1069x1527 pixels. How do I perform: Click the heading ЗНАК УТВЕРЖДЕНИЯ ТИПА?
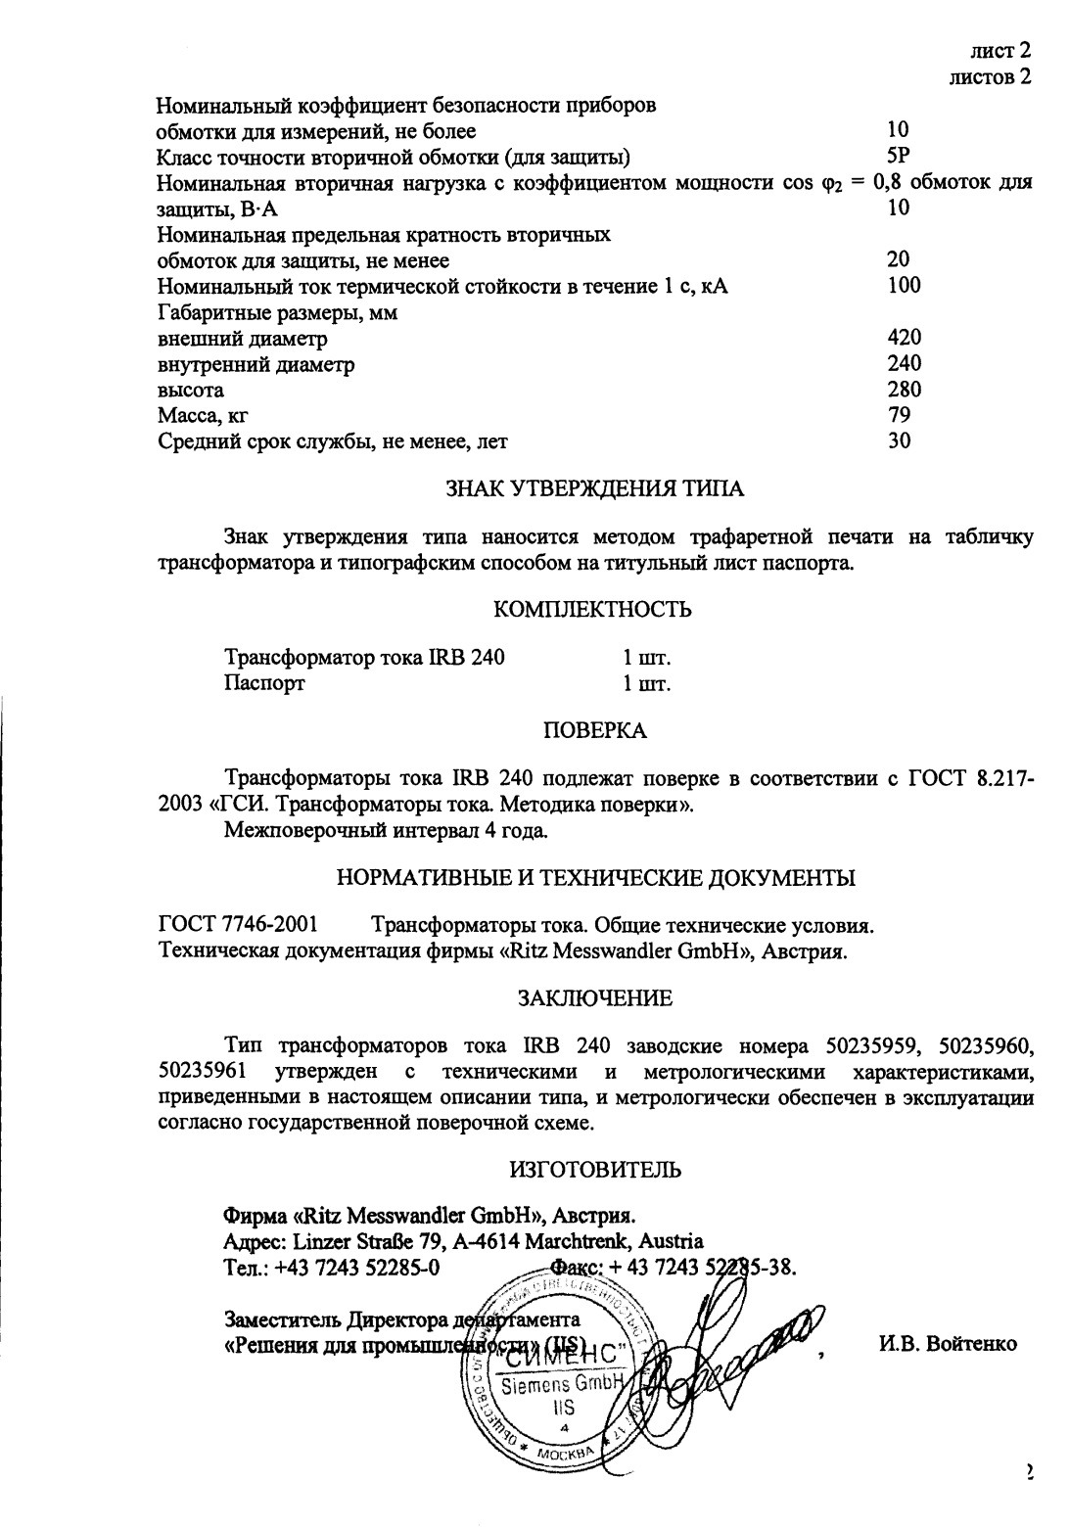594,489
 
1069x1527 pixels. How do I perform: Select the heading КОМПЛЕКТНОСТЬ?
593,610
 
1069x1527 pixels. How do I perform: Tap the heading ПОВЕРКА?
594,730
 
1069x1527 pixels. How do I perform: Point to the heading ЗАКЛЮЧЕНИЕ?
594,998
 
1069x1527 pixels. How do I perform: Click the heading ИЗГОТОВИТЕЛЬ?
594,1169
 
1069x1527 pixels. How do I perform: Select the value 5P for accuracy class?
899,155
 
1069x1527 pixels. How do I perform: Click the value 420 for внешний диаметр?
904,338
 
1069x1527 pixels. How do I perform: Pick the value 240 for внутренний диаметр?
904,364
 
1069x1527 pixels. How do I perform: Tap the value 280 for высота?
904,390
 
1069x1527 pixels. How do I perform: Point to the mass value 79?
899,415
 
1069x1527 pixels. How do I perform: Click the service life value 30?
899,440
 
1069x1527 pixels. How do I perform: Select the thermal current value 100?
904,285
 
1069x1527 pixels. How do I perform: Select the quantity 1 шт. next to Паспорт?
646,683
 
